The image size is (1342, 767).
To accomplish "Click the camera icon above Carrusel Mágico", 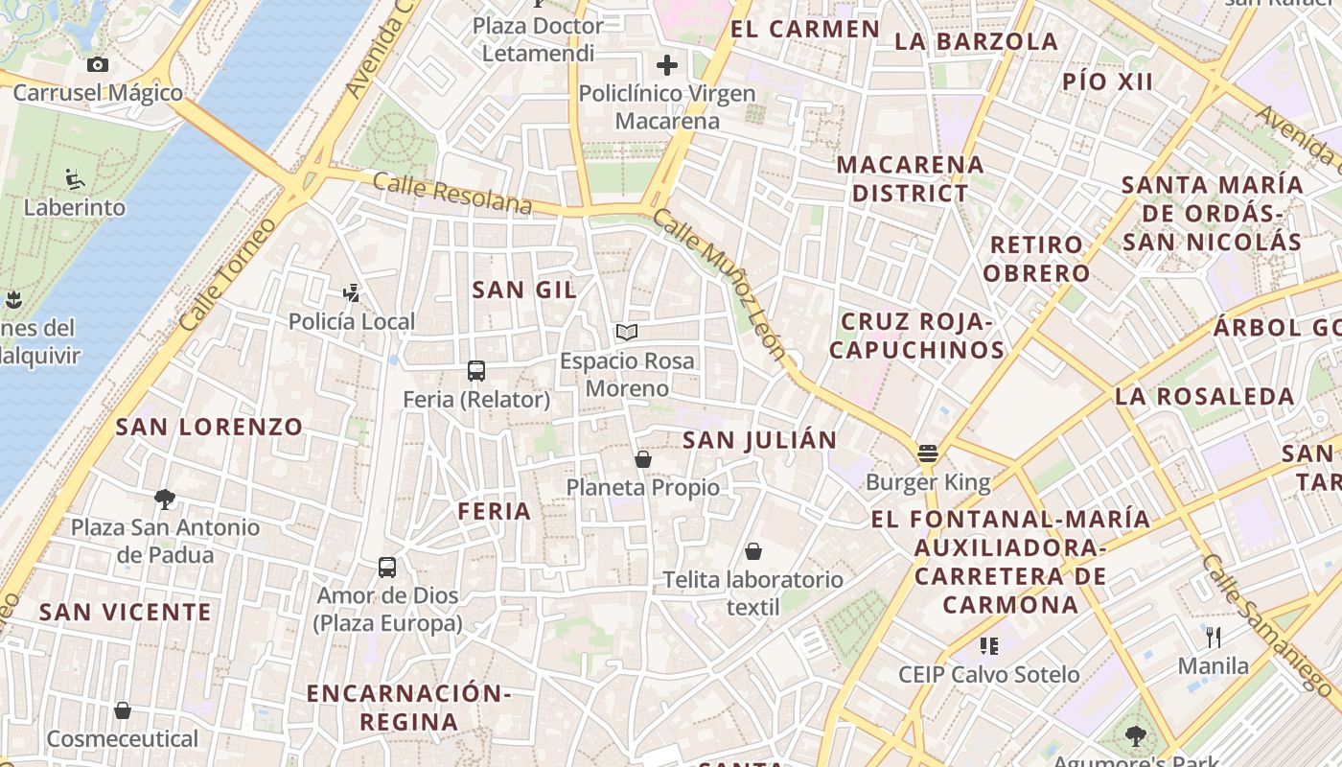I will click(x=97, y=65).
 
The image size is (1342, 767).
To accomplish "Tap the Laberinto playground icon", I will click(x=75, y=179).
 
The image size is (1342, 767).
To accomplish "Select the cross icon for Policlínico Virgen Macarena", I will click(x=667, y=65).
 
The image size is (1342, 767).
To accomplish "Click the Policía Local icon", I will click(x=352, y=293).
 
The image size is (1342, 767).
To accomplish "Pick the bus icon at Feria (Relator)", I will click(x=476, y=371).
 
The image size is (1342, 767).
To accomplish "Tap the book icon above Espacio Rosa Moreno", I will click(x=627, y=333).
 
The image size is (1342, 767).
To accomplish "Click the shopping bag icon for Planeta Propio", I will click(x=643, y=459).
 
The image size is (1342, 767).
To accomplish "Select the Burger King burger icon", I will click(x=927, y=453).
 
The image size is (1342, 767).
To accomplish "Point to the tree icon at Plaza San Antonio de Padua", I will click(x=165, y=499).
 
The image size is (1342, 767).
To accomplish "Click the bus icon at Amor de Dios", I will click(x=387, y=568).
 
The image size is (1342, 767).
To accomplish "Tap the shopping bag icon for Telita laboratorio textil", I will click(x=753, y=551).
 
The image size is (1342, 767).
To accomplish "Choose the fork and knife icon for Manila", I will click(x=1214, y=637).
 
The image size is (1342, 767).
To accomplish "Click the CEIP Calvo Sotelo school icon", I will click(x=989, y=646).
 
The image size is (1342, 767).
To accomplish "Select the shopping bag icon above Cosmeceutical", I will click(x=123, y=710).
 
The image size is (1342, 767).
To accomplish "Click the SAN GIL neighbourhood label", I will click(x=524, y=290).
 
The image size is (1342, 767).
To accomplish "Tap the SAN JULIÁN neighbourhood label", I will click(x=759, y=440).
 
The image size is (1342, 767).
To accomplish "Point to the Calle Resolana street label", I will click(x=451, y=194).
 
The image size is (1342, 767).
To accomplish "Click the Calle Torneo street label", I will click(x=227, y=276).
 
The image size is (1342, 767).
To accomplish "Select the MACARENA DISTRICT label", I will click(x=910, y=178).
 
